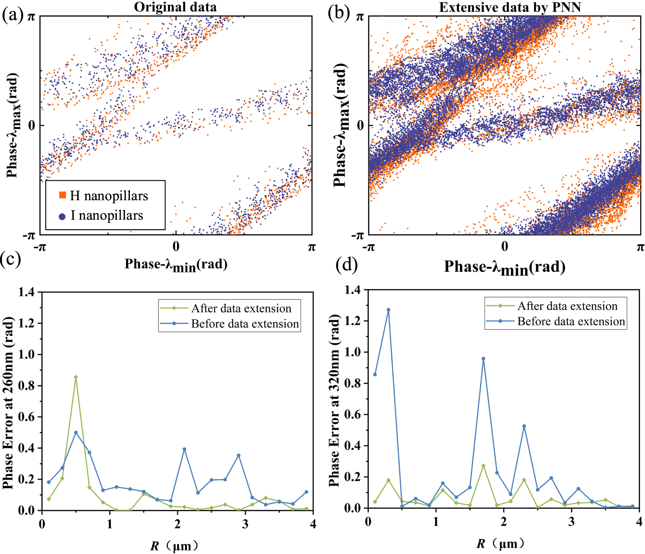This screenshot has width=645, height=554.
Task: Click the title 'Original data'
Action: click(x=175, y=7)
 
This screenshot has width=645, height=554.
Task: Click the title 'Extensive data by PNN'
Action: click(x=510, y=7)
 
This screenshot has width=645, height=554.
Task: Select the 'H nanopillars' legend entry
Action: click(x=108, y=196)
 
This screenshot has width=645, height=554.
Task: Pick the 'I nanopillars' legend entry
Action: click(x=106, y=215)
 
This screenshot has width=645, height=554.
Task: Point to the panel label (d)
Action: click(x=346, y=265)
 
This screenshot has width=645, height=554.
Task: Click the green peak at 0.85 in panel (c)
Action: click(x=76, y=377)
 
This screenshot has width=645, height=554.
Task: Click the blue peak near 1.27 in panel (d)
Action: click(x=389, y=310)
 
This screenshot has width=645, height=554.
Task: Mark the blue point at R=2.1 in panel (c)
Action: click(x=184, y=449)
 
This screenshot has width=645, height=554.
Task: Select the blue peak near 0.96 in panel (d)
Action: click(x=483, y=359)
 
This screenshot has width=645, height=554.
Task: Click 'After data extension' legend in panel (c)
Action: click(x=241, y=308)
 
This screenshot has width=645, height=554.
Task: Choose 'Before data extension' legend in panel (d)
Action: click(x=571, y=321)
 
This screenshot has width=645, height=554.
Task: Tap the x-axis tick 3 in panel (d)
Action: click(x=571, y=522)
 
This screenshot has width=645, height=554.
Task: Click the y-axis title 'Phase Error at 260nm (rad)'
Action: click(x=8, y=403)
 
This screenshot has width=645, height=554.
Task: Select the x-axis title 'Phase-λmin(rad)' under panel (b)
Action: click(x=504, y=267)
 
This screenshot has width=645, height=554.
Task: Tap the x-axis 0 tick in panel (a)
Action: click(x=176, y=246)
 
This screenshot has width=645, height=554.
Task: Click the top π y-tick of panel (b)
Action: click(x=359, y=17)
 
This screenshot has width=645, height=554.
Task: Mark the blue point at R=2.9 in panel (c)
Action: click(x=239, y=455)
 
